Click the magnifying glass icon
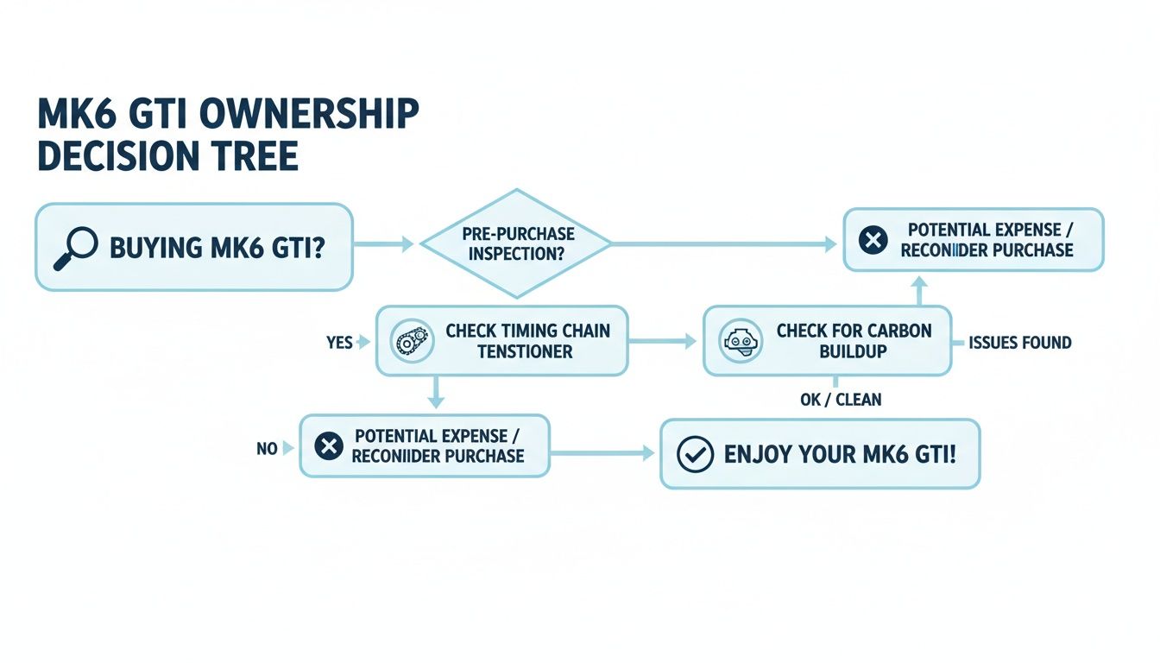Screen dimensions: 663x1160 [x=75, y=248]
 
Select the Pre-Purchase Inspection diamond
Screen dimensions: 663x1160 [x=516, y=244]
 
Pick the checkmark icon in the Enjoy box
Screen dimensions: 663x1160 [x=695, y=454]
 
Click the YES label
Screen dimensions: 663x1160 [x=339, y=343]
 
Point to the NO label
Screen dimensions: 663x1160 [x=267, y=448]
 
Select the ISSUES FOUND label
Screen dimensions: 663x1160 [x=1019, y=343]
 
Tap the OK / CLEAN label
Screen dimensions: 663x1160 [x=841, y=400]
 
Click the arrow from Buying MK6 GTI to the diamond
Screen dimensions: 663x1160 [x=384, y=245]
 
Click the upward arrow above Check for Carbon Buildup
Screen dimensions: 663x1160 [x=919, y=290]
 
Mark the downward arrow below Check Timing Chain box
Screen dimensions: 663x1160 [x=436, y=393]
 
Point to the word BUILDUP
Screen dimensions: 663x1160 [x=854, y=352]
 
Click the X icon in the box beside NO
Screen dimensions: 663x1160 [x=328, y=446]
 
